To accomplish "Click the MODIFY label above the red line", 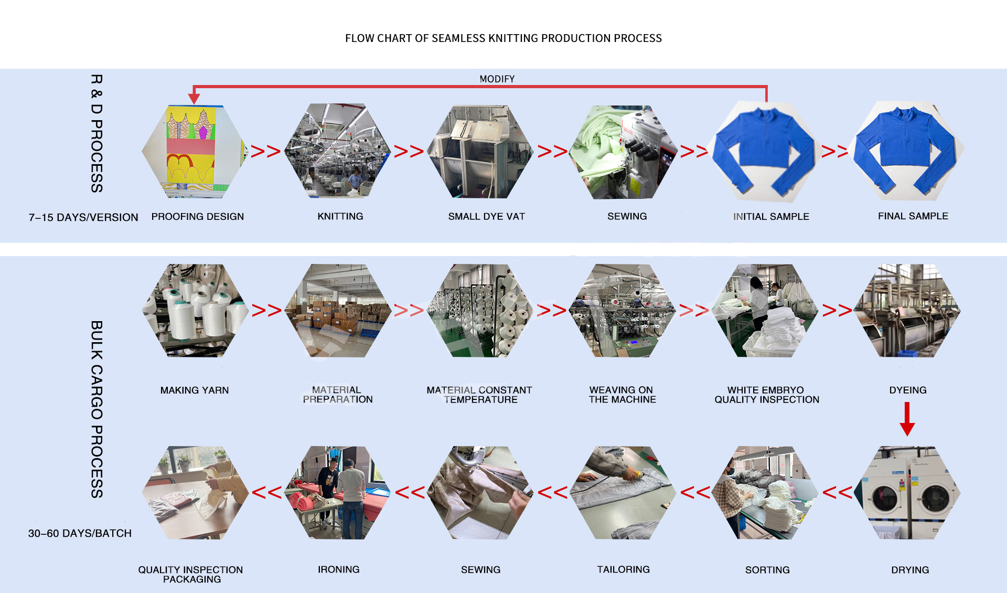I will pos(497,79).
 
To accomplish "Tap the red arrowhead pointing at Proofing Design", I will pos(194,98).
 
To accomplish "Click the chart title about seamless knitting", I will pos(503,38).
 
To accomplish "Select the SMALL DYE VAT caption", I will pos(486,216).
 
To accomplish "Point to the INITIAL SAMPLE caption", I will pos(770,216).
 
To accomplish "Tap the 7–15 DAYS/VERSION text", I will pos(83,217).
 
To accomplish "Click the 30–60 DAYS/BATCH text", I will pos(80,533).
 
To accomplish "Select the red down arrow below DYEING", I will pos(907,419).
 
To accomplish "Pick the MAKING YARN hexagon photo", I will pos(195,311).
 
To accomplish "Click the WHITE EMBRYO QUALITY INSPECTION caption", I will pos(766,395).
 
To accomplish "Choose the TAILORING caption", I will pos(623,569).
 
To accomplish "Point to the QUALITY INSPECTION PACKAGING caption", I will pos(191,574).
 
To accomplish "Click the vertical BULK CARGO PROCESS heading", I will pos(97,409).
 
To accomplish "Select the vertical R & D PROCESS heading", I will pos(97,133).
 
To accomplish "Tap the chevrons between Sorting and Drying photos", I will pos(837,492).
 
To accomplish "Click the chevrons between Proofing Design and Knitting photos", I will pos(266,152).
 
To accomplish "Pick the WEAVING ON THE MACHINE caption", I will pos(622,395).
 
